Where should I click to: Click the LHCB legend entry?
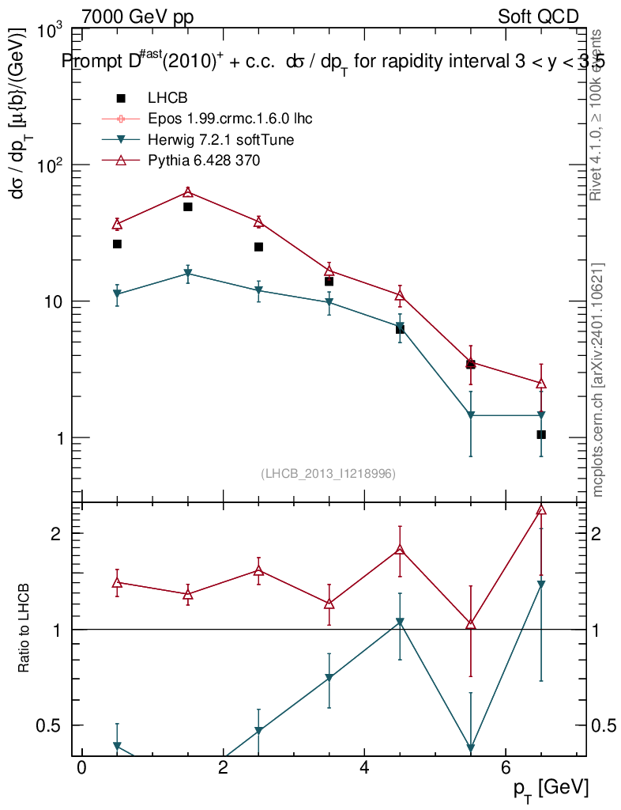(x=167, y=98)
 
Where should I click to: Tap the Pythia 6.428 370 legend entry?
(x=204, y=161)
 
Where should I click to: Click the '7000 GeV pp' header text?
(x=137, y=17)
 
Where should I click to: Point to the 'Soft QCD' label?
(x=538, y=17)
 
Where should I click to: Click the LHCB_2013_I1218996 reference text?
(x=328, y=473)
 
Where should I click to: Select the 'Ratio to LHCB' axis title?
(x=24, y=629)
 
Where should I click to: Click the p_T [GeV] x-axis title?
(x=550, y=787)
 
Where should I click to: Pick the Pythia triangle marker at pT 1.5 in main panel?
(x=188, y=192)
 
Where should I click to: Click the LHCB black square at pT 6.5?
(x=541, y=434)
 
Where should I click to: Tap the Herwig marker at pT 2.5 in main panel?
(x=258, y=291)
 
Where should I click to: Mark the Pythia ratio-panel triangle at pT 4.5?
(x=400, y=550)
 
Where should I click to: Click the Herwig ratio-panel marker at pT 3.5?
(x=329, y=679)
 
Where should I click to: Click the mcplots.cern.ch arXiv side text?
(x=598, y=380)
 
